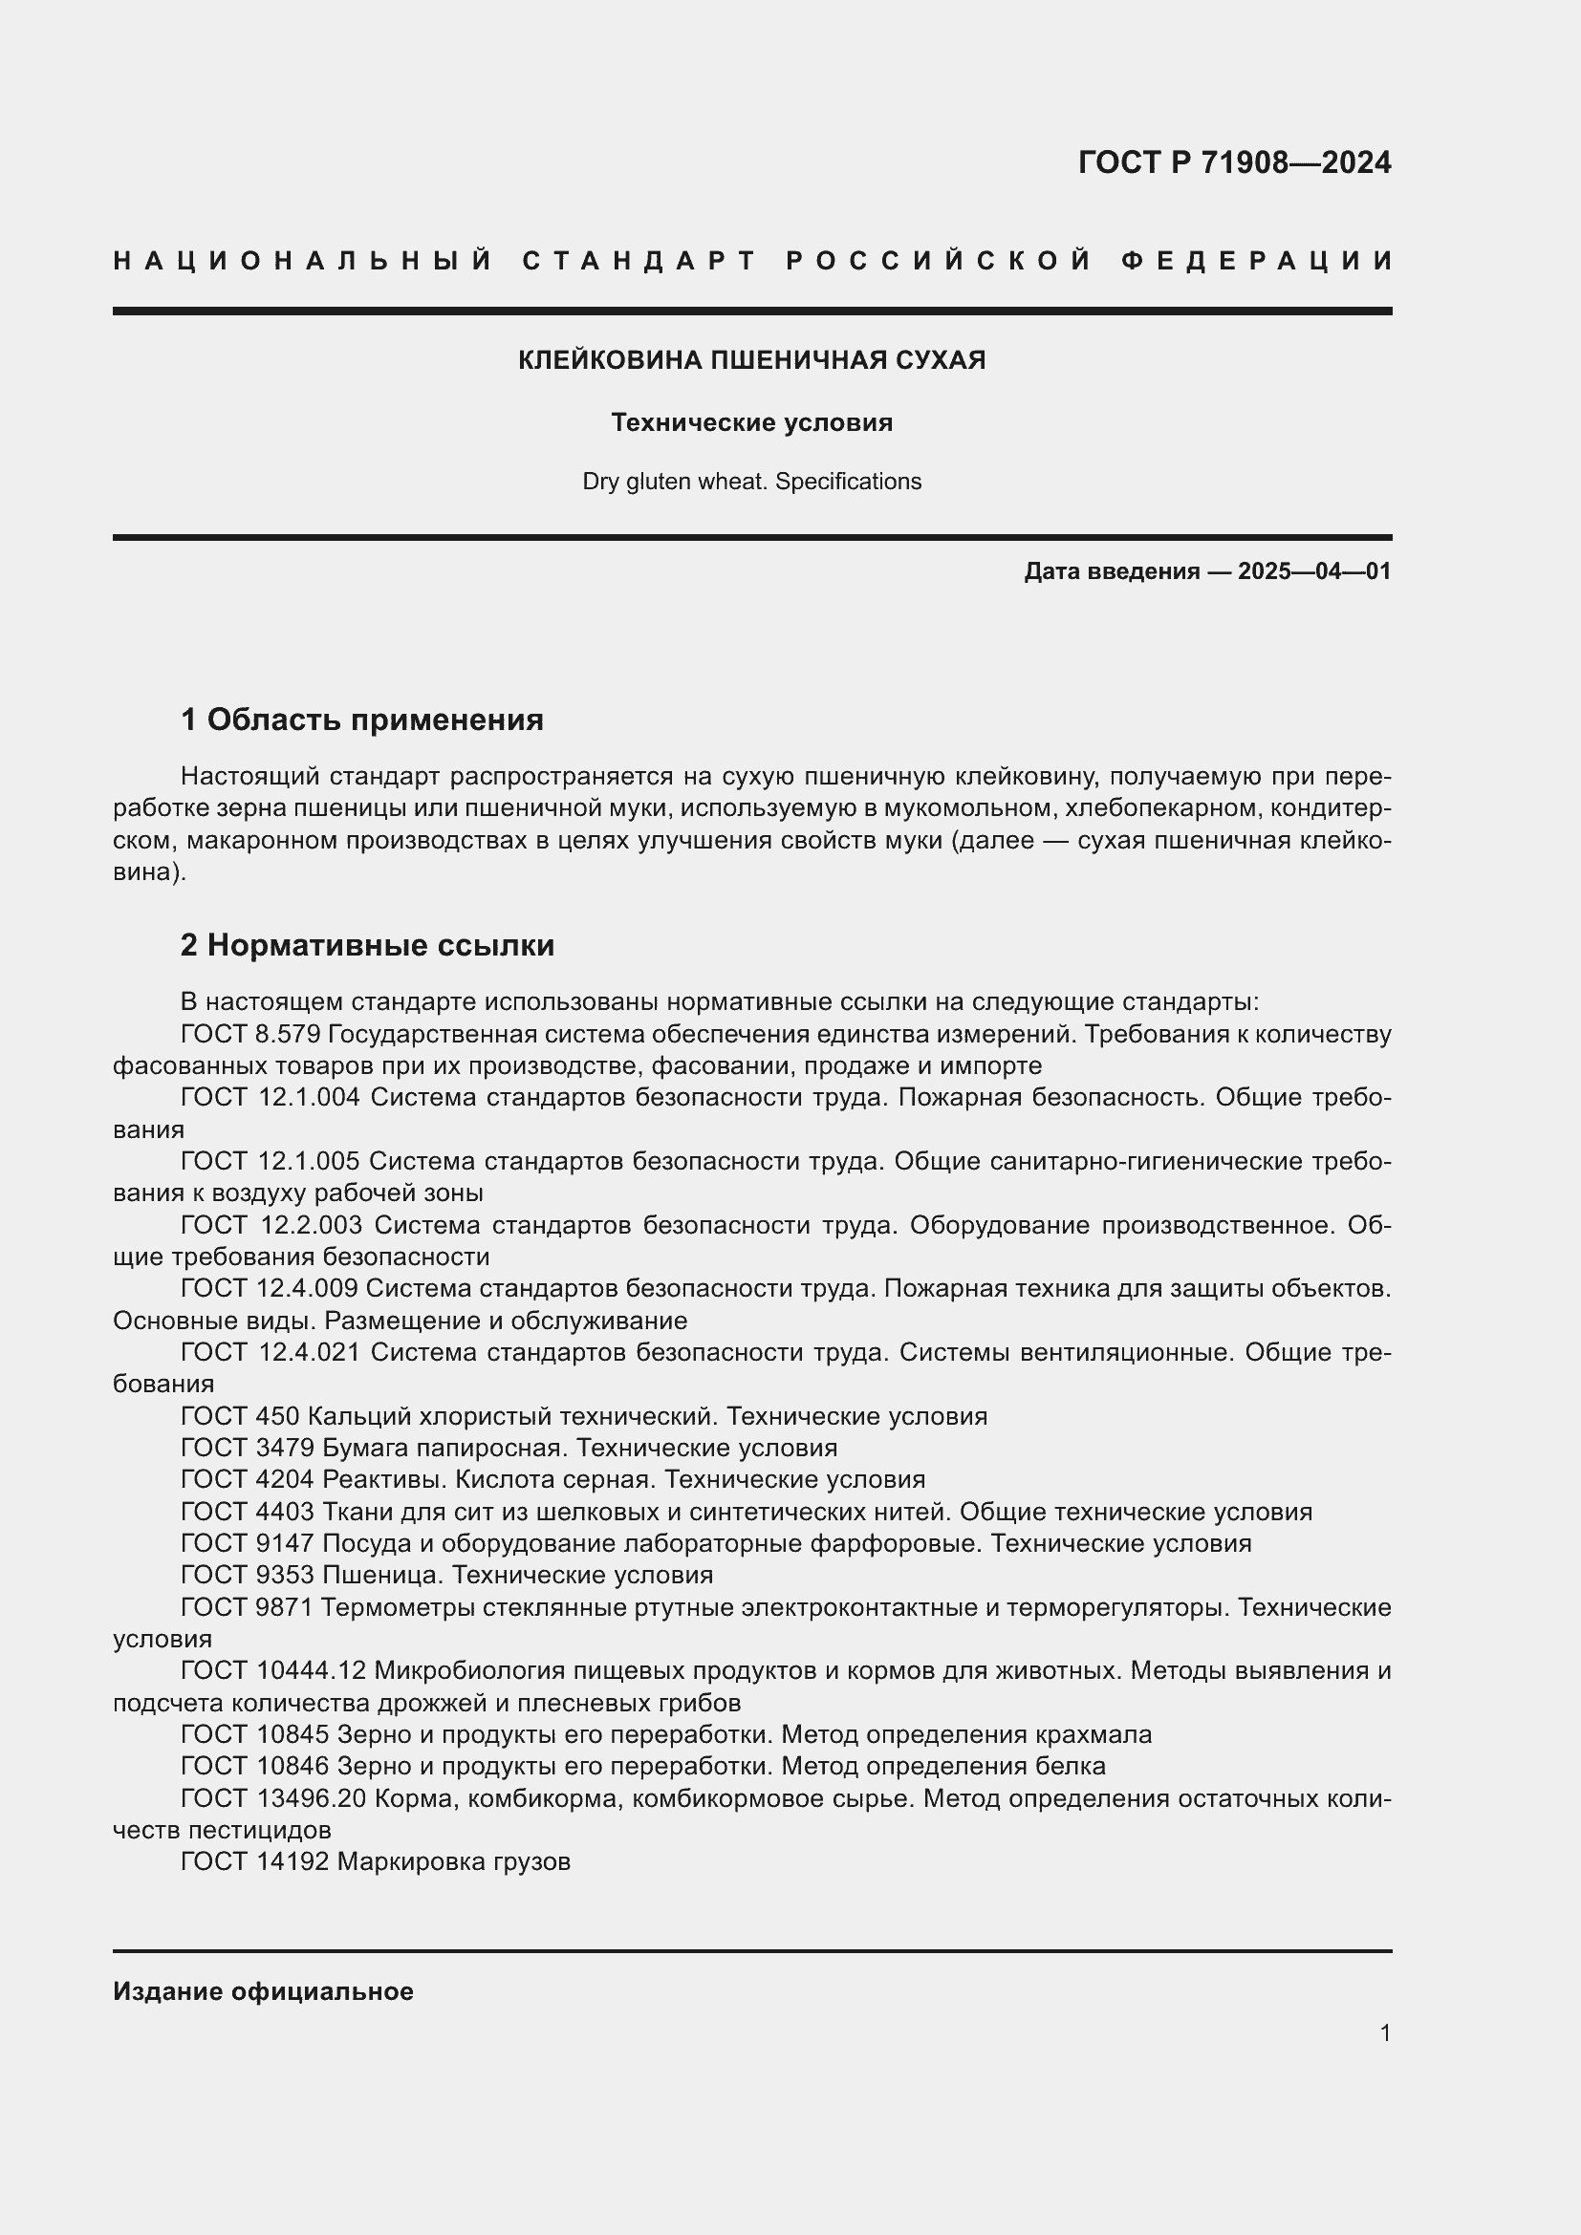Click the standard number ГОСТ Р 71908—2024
pos(1233,162)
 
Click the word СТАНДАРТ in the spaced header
pos(639,261)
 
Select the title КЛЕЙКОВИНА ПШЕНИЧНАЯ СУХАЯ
pos(751,360)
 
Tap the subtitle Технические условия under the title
pos(751,422)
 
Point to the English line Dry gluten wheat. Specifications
pos(751,482)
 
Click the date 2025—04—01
pos(1314,571)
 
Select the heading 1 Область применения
pos(362,720)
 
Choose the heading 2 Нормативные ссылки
pos(367,945)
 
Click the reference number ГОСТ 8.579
pos(250,1034)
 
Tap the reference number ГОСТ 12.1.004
pos(271,1097)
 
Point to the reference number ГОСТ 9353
pos(248,1575)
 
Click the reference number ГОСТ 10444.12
pos(272,1670)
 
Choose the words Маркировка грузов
pos(454,1862)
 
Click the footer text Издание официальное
pos(263,1991)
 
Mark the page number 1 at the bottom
pos(1385,2032)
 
